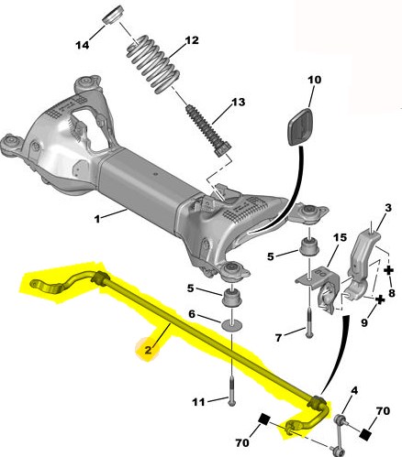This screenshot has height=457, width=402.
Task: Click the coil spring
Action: [x=153, y=64]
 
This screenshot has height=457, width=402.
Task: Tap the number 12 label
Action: [x=192, y=40]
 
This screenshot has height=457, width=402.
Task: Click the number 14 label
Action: [x=83, y=45]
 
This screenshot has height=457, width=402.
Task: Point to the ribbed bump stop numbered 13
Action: [x=207, y=131]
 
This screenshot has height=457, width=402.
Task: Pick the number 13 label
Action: [x=238, y=102]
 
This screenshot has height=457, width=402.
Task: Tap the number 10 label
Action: [x=314, y=80]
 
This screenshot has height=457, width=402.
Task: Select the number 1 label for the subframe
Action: [x=97, y=219]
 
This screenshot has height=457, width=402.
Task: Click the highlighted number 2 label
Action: [x=149, y=350]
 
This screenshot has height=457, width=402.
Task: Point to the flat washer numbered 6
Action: [x=231, y=325]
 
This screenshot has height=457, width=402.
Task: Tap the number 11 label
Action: [x=198, y=402]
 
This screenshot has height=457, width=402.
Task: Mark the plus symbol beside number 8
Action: [x=389, y=270]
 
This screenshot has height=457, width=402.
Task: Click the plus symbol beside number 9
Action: [x=380, y=299]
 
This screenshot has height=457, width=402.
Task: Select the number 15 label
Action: [x=340, y=237]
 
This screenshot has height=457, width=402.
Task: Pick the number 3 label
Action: [x=388, y=208]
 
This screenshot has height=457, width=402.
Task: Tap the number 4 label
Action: [x=354, y=390]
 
